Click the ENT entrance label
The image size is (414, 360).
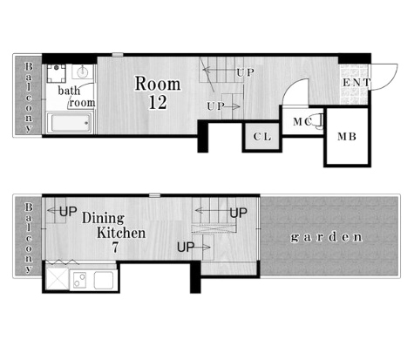(x=356, y=83)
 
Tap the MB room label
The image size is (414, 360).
(x=347, y=137)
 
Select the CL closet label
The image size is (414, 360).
(x=262, y=137)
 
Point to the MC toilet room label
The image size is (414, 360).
(x=302, y=122)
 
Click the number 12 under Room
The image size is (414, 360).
(x=158, y=102)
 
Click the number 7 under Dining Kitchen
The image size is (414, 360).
(x=115, y=248)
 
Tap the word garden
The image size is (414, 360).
(x=327, y=237)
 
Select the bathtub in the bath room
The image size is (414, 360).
(x=70, y=123)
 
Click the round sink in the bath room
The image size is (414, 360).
(x=83, y=71)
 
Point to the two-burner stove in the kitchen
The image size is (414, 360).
(x=80, y=280)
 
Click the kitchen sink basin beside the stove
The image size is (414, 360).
(x=104, y=280)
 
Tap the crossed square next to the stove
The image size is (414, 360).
(x=58, y=278)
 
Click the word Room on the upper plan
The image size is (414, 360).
(x=158, y=84)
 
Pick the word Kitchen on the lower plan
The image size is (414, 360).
(x=121, y=233)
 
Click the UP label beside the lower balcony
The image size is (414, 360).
(x=68, y=212)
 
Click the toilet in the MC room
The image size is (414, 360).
(x=318, y=121)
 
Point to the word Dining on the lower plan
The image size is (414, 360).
(x=103, y=218)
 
